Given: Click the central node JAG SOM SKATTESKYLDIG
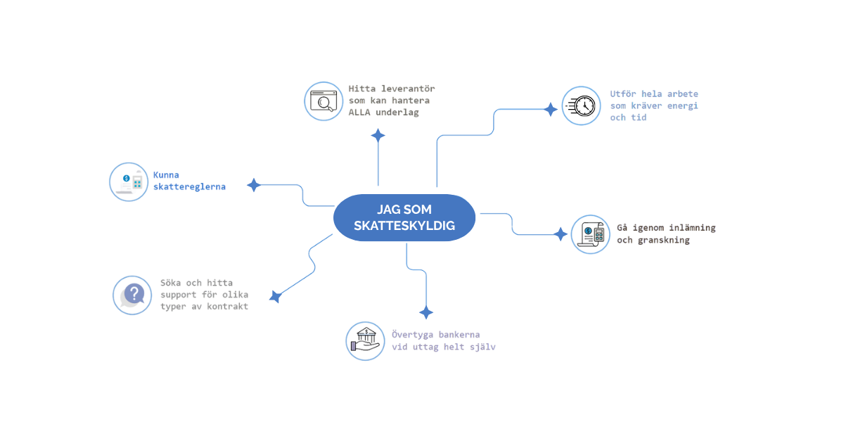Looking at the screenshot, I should point(404,217).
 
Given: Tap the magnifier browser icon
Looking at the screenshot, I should point(323,101).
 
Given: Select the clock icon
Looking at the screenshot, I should point(581,105).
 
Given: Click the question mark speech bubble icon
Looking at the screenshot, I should point(133,295).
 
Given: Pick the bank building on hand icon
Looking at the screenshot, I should point(365,341).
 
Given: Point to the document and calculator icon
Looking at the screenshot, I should point(589,234).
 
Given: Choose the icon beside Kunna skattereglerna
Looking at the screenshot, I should point(129,181).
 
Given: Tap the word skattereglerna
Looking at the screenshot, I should point(189,187).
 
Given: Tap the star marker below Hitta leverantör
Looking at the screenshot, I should point(378,136).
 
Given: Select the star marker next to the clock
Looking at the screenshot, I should point(551,109).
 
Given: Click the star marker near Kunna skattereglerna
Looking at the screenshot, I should point(254,185).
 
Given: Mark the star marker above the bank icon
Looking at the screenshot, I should point(426,312).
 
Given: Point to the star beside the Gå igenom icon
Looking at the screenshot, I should point(561,234).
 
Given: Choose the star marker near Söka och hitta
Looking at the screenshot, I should point(275,297).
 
